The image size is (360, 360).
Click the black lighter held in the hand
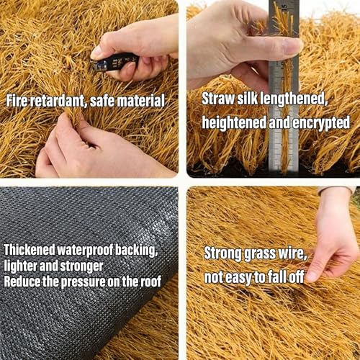(x=114, y=62)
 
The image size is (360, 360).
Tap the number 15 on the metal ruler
(x=284, y=6)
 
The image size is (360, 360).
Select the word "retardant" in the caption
(x=59, y=101)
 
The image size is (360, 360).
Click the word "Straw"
(x=218, y=99)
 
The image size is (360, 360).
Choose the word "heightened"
(x=234, y=122)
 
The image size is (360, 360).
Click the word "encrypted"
(x=321, y=123)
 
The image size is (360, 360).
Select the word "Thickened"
(x=30, y=250)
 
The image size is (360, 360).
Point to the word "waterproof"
(x=86, y=251)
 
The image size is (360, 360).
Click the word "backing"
(x=137, y=251)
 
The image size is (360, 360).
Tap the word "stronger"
(x=81, y=266)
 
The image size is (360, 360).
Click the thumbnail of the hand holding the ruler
(x=274, y=89)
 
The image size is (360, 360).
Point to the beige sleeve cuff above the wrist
(x=337, y=190)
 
